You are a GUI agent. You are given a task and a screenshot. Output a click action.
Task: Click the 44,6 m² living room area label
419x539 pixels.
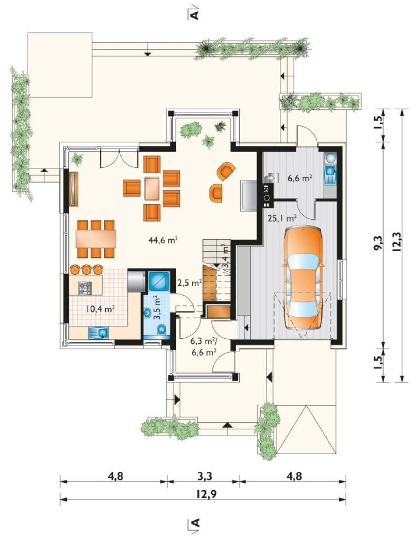click(x=163, y=240)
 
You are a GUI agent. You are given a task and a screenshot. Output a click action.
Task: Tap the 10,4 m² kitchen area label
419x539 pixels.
click(x=100, y=309)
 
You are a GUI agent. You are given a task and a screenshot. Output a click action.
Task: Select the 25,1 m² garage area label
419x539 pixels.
click(x=282, y=218)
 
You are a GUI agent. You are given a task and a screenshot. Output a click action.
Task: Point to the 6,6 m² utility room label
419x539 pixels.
click(x=300, y=178)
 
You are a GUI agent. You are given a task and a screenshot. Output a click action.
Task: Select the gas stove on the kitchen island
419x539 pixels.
click(x=85, y=288)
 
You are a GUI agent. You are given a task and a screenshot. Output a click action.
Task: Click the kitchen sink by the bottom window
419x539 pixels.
click(x=99, y=333)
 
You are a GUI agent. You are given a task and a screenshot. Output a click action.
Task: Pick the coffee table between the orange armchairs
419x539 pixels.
click(x=152, y=189)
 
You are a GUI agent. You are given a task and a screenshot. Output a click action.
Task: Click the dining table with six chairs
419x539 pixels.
click(x=96, y=239)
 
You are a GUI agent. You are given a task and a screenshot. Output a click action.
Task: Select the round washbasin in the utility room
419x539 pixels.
click(x=330, y=158)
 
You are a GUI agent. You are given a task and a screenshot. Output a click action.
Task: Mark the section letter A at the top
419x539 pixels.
click(x=195, y=15)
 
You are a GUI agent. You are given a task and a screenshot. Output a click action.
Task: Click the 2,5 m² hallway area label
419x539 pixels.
click(x=190, y=282)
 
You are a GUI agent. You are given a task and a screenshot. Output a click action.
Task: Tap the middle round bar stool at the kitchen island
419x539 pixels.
click(x=86, y=270)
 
